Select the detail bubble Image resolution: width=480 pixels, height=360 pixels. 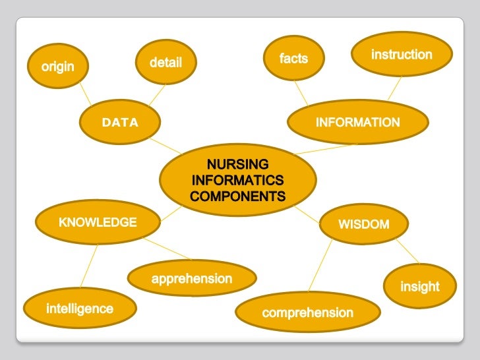(x=165, y=63)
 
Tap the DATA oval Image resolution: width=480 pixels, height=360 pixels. (x=120, y=122)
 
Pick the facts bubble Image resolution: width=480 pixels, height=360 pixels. (x=293, y=59)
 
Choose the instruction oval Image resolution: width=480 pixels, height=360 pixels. (x=402, y=54)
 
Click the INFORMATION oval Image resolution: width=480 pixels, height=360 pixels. (x=357, y=122)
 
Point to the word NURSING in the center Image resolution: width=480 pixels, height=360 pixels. (x=237, y=164)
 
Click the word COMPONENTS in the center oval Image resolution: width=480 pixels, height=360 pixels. (x=237, y=196)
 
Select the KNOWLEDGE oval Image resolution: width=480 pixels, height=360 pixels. (x=98, y=222)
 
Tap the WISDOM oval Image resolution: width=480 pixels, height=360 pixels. (x=364, y=224)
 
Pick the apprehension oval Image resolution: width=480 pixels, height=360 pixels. (x=192, y=279)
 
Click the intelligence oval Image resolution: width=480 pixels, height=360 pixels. (x=80, y=309)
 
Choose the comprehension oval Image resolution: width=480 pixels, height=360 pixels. (x=308, y=313)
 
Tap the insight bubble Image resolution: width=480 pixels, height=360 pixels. (x=420, y=286)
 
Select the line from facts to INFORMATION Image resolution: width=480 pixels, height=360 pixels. (x=301, y=94)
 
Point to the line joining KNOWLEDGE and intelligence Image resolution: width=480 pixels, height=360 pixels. (x=89, y=266)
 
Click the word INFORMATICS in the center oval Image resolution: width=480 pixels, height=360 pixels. (x=237, y=180)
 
